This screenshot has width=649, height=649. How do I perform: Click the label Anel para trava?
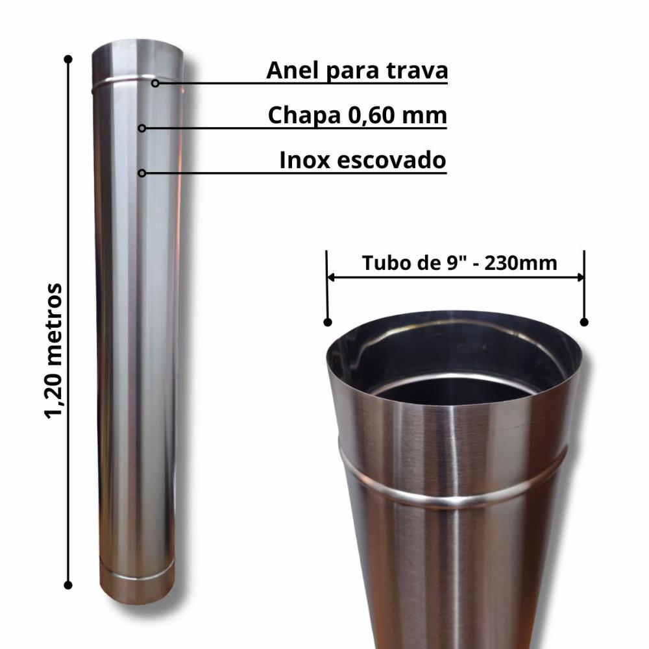coord(357,71)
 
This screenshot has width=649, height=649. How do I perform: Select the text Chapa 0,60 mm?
coord(358,116)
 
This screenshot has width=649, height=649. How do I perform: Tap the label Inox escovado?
coord(363,160)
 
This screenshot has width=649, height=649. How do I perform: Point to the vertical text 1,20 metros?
coord(55,350)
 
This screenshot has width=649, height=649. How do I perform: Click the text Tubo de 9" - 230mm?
coord(459,263)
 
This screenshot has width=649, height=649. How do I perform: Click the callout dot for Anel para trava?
coord(155,82)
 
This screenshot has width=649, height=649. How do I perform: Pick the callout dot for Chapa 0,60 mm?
coord(142,128)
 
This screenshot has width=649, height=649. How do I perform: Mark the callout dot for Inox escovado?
coord(142,173)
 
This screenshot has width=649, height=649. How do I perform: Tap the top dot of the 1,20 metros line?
coord(67,59)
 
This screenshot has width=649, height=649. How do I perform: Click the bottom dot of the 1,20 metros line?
coord(67,585)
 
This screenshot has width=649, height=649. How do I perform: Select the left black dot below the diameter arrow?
coord(328,321)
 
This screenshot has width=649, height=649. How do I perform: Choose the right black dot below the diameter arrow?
coord(584,321)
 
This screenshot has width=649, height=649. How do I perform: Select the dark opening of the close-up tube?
coord(454,389)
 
